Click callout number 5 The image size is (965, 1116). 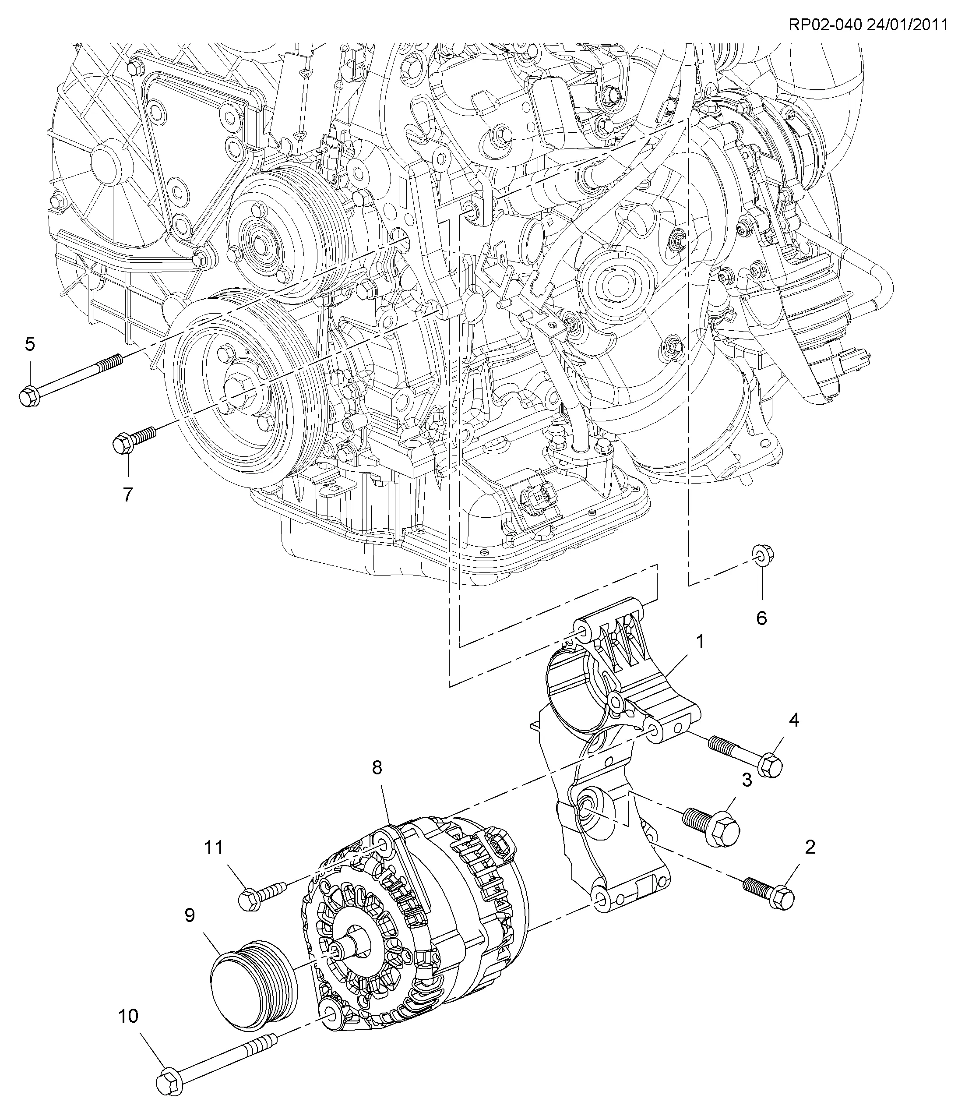point(30,344)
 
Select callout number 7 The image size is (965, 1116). point(127,494)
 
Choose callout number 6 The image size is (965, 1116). point(761,618)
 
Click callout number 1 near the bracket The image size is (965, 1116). point(700,642)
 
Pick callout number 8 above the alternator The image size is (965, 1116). point(377,767)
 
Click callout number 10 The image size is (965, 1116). point(128,1016)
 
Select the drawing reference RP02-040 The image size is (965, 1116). point(824,25)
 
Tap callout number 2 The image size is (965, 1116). point(810,847)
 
